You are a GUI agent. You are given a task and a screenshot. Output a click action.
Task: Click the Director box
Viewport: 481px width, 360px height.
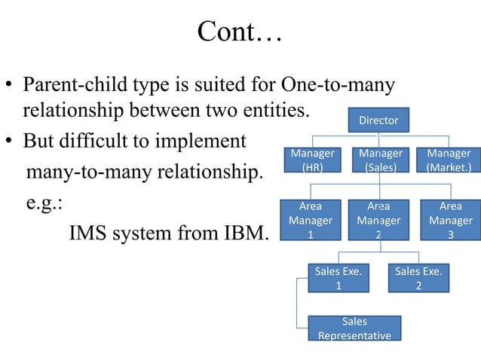coord(378,121)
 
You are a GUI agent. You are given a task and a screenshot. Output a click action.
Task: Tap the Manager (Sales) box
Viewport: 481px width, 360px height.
coord(380,160)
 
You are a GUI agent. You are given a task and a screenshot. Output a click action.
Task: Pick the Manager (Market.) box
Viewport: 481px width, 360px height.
coord(449,160)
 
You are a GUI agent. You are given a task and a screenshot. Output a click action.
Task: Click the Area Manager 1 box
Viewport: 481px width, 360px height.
coord(310,220)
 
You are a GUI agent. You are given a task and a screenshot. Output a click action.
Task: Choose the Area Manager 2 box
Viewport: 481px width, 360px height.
coord(378,220)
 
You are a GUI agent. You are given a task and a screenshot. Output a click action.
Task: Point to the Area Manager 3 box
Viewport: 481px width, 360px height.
coord(450,220)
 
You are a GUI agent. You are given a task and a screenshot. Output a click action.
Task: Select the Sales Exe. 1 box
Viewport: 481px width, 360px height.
coord(338,278)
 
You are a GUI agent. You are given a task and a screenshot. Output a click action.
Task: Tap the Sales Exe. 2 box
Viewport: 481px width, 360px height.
coord(418,278)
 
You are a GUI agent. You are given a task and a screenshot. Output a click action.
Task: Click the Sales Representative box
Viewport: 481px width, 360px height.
coord(354,328)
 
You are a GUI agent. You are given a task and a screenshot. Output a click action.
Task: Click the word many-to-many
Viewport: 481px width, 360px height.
coord(82,174)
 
